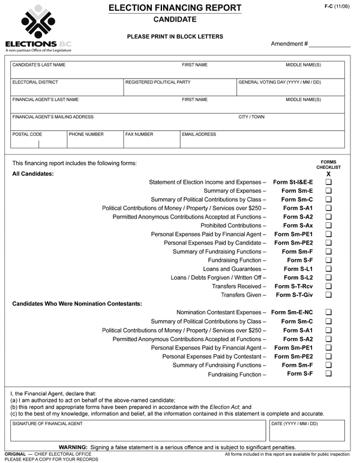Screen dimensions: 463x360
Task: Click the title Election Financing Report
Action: pos(175,8)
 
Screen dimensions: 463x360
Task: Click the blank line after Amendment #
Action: pos(329,44)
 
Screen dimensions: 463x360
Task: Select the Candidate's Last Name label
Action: pos(39,65)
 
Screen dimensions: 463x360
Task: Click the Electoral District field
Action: pos(66,88)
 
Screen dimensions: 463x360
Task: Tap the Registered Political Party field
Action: pos(179,88)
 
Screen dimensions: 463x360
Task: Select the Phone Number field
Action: pos(94,142)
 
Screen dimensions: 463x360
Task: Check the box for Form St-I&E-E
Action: pos(328,182)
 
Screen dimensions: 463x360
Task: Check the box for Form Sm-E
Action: pos(328,190)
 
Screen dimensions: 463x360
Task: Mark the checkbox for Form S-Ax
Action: pos(328,225)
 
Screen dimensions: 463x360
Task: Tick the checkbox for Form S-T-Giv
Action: pos(328,295)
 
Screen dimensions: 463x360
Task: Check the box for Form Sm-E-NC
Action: pos(328,312)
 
